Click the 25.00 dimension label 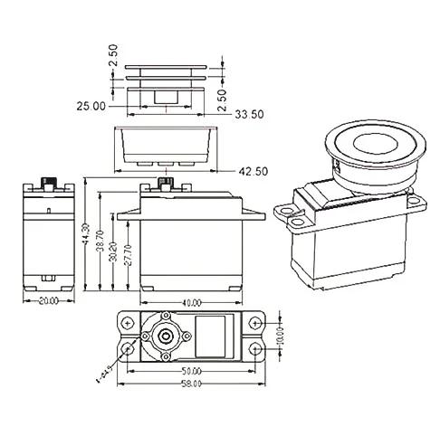(x=91, y=106)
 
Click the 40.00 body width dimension (x=191, y=302)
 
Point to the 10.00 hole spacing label (x=280, y=336)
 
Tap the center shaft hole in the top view (x=165, y=336)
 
